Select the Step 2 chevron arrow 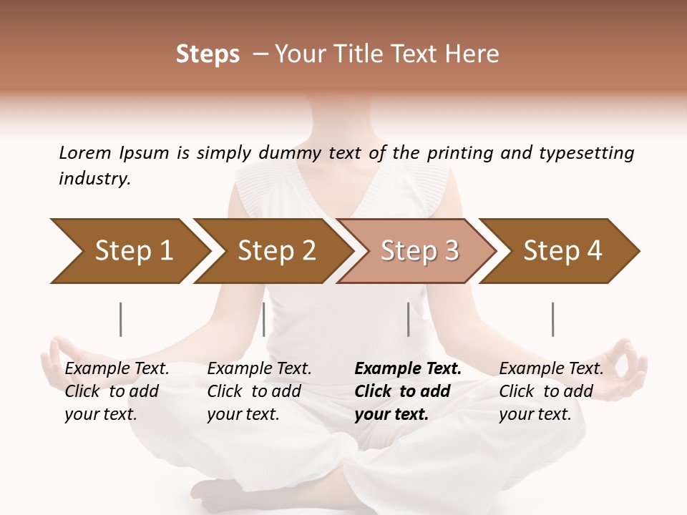pyautogui.click(x=276, y=251)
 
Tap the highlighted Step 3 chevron pyautogui.click(x=419, y=251)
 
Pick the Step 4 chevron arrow pyautogui.click(x=562, y=251)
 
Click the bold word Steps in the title pyautogui.click(x=208, y=54)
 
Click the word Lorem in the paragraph pyautogui.click(x=85, y=152)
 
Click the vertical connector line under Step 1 pyautogui.click(x=120, y=319)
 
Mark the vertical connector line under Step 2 pyautogui.click(x=264, y=319)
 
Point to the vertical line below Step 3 pyautogui.click(x=408, y=319)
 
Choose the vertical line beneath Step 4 pyautogui.click(x=552, y=319)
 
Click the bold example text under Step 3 pyautogui.click(x=408, y=391)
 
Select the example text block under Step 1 pyautogui.click(x=117, y=391)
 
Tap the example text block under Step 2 pyautogui.click(x=259, y=391)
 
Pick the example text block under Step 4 pyautogui.click(x=551, y=391)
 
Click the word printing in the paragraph pyautogui.click(x=458, y=152)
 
